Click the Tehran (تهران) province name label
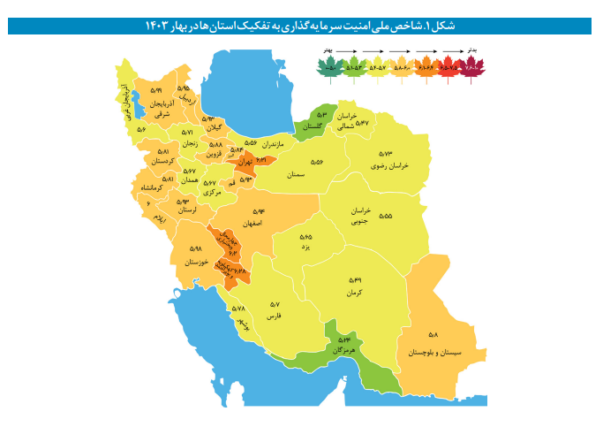pyautogui.click(x=245, y=163)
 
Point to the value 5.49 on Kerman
pyautogui.click(x=355, y=280)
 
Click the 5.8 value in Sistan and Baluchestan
pyautogui.click(x=433, y=335)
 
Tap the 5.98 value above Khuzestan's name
pyautogui.click(x=196, y=249)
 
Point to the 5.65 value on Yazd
pyautogui.click(x=305, y=237)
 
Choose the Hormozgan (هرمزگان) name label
pyautogui.click(x=343, y=350)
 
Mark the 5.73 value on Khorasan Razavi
pyautogui.click(x=388, y=153)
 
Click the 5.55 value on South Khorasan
pyautogui.click(x=386, y=216)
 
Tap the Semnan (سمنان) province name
pyautogui.click(x=297, y=175)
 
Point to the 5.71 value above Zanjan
pyautogui.click(x=200, y=133)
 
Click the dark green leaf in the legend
pyautogui.click(x=331, y=66)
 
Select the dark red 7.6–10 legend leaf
pyautogui.click(x=471, y=66)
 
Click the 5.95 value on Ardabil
pyautogui.click(x=183, y=88)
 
